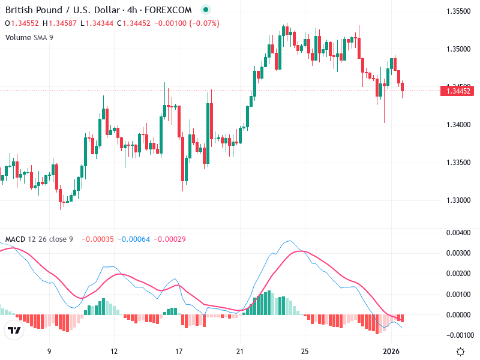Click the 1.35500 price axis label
458,11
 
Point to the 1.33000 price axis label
458,200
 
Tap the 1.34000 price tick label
458,125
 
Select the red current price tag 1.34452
458,91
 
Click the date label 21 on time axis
241,350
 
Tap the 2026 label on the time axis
391,350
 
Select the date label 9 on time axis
49,350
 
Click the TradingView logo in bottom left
14,331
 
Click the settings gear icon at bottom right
460,352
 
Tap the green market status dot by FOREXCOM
206,10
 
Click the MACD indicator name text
15,239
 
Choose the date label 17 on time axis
178,350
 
